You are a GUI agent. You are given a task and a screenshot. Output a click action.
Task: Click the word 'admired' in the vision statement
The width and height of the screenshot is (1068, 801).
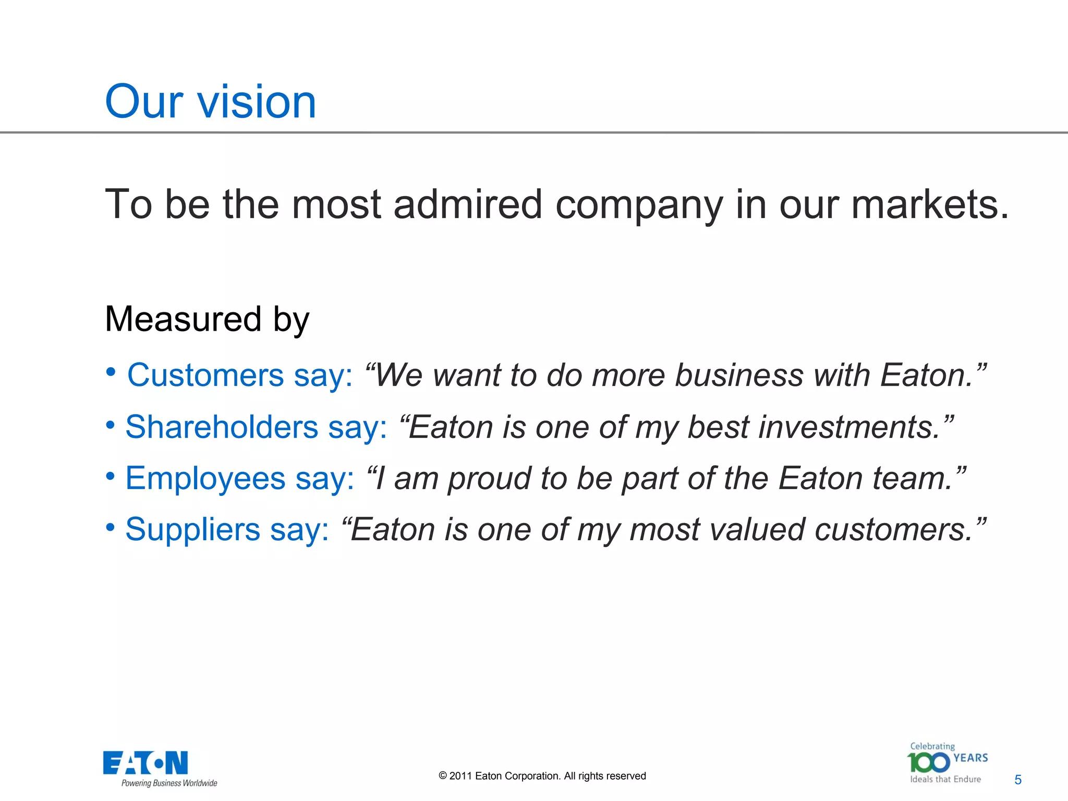point(468,204)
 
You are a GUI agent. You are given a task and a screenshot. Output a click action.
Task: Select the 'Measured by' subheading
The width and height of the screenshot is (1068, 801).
point(207,319)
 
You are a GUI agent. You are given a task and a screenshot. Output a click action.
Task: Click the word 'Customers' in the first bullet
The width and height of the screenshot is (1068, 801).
point(205,375)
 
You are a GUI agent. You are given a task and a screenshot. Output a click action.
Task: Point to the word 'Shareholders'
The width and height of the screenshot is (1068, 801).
point(222,427)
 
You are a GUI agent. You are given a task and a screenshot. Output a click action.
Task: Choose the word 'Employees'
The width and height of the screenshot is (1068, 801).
point(205,478)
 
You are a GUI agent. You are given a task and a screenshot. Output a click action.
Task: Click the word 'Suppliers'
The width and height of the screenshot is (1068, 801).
point(192,529)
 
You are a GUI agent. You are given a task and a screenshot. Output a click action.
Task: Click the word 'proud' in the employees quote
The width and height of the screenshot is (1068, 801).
point(488,478)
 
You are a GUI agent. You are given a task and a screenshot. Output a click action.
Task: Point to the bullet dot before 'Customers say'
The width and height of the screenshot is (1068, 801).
point(111,372)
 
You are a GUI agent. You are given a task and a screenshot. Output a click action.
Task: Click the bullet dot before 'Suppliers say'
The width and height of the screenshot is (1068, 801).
point(111,527)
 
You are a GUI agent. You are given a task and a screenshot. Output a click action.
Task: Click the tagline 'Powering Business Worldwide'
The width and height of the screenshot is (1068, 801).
point(169,783)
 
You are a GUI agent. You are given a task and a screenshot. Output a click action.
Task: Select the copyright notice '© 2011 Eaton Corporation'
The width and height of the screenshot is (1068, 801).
point(542,776)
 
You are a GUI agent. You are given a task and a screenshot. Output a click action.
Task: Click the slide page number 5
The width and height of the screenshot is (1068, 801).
point(1017,780)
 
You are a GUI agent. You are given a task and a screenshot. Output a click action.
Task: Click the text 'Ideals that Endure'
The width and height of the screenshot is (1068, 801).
point(945,780)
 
